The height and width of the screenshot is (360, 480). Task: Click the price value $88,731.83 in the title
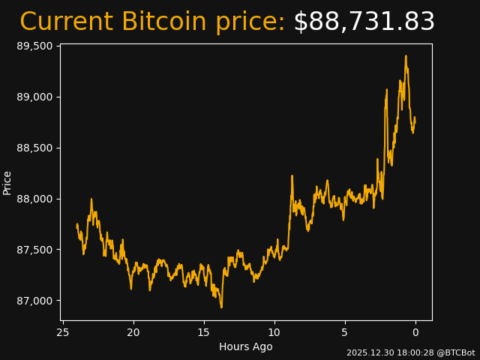(364, 22)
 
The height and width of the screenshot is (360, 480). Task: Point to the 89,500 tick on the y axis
(34, 46)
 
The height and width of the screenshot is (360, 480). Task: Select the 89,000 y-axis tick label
(34, 97)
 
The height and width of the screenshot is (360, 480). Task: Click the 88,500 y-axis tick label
(34, 148)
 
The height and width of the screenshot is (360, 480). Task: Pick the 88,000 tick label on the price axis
(34, 199)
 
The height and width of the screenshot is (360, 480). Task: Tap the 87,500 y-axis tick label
(34, 250)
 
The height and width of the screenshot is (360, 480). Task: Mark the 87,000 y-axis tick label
(34, 301)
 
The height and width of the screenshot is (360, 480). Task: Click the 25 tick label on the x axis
(63, 332)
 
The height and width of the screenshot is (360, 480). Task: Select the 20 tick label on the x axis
(133, 332)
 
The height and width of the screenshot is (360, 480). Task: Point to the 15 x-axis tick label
(204, 332)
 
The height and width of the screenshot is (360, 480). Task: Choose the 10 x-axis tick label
(274, 332)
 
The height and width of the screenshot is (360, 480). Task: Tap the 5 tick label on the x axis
(345, 332)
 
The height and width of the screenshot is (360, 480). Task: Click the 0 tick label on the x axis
(415, 332)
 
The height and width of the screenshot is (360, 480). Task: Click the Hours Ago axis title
(246, 346)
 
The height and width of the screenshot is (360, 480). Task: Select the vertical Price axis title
(7, 182)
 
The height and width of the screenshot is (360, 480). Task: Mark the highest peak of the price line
(406, 55)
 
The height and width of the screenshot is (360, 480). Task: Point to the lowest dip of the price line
(221, 307)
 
